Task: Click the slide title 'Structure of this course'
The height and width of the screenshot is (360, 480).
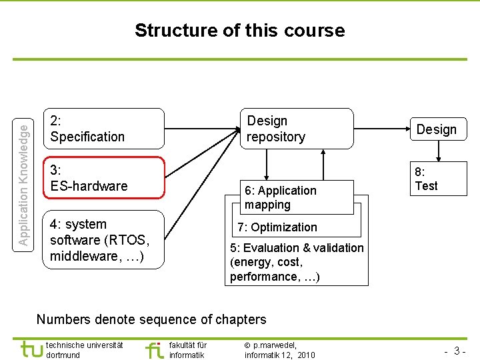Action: (x=239, y=31)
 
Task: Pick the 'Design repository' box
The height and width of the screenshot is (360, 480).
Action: (x=295, y=129)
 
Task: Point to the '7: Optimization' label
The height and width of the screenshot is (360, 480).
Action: (x=277, y=227)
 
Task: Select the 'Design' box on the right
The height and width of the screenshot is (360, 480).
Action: (x=437, y=129)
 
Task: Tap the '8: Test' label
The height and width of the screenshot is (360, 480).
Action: (x=426, y=179)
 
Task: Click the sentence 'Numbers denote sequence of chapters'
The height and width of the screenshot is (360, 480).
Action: (x=151, y=319)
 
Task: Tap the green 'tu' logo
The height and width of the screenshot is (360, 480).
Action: (x=31, y=349)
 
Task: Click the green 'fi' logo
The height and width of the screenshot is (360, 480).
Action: (x=154, y=349)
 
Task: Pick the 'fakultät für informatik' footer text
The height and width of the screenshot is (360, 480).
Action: (x=188, y=350)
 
